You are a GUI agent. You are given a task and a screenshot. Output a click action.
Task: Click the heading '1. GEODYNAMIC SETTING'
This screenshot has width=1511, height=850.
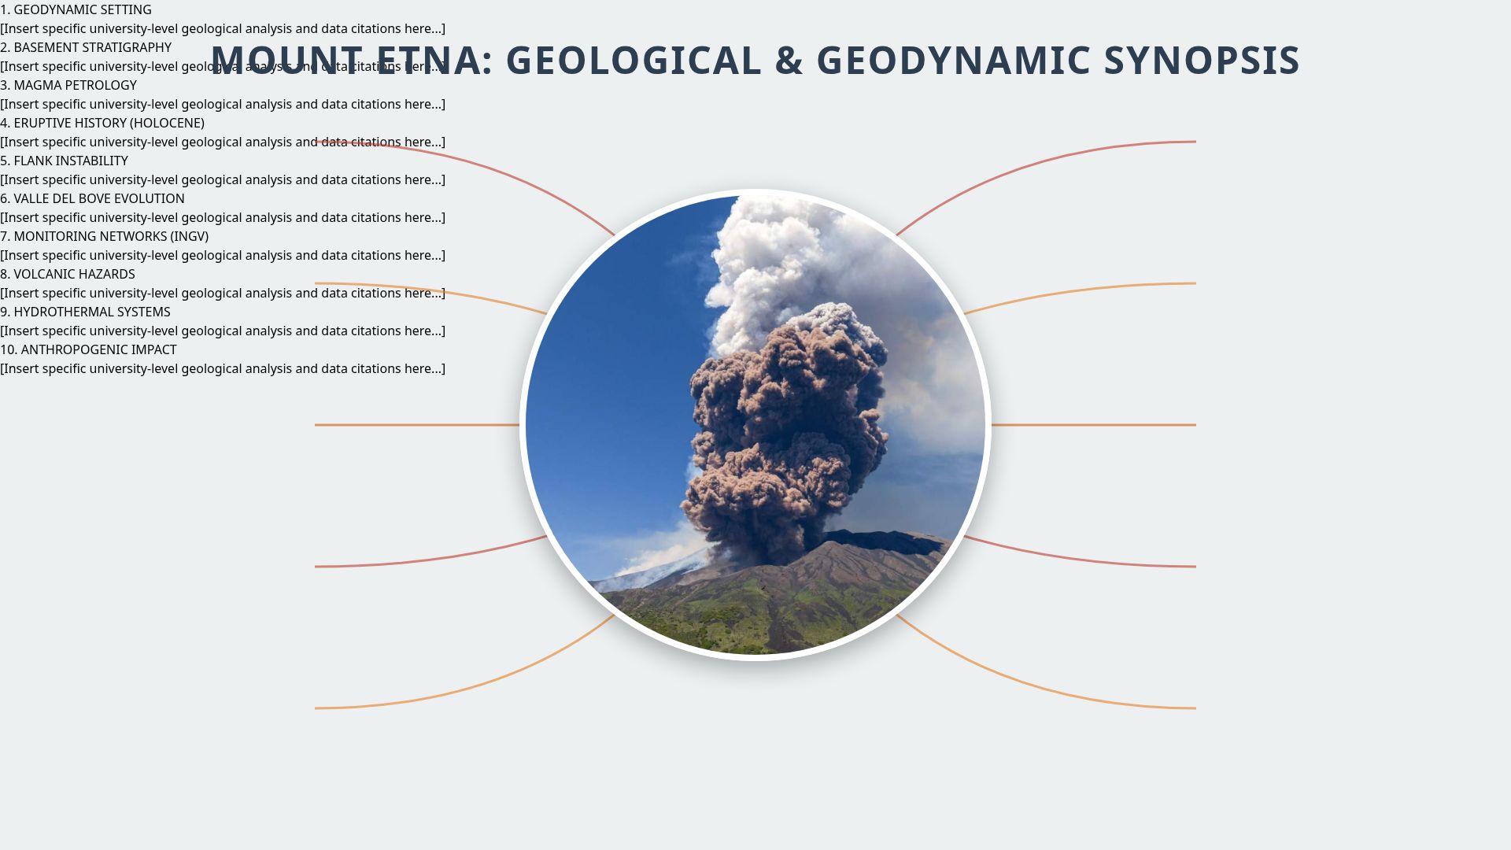tap(76, 9)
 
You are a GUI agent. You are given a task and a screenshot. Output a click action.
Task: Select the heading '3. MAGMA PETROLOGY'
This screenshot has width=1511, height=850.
tap(68, 85)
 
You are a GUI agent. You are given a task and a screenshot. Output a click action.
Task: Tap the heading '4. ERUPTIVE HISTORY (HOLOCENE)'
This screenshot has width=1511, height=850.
tap(102, 123)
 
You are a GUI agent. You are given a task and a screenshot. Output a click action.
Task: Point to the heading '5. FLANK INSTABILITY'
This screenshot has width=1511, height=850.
tap(64, 161)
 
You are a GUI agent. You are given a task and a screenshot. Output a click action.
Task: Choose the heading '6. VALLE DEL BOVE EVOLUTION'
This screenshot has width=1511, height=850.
tap(92, 198)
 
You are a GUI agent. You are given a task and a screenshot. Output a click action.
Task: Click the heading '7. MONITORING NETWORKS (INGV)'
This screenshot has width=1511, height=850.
tap(104, 236)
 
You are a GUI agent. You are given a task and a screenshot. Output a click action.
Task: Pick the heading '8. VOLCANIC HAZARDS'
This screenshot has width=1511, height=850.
tap(68, 274)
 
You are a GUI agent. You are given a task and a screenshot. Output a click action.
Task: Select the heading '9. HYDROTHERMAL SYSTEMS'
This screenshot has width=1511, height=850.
tap(85, 312)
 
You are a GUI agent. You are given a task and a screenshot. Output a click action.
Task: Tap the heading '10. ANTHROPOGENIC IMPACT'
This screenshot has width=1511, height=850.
tap(88, 349)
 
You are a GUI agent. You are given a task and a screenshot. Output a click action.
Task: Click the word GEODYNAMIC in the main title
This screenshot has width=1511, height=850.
tap(952, 61)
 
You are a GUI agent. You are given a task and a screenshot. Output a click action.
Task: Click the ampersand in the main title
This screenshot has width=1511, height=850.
tap(789, 61)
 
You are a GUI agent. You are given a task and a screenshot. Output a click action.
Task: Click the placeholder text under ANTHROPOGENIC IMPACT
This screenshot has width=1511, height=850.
tap(223, 368)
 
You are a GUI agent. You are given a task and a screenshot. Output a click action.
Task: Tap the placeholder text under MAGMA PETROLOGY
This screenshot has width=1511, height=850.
tap(223, 104)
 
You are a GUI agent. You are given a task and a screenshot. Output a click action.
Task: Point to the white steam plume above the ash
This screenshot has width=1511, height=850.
tap(763, 252)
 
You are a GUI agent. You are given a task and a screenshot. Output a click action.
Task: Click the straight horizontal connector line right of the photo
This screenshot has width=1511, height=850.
tap(1094, 425)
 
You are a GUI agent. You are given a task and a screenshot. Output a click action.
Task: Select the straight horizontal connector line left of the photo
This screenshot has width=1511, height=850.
tap(417, 425)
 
